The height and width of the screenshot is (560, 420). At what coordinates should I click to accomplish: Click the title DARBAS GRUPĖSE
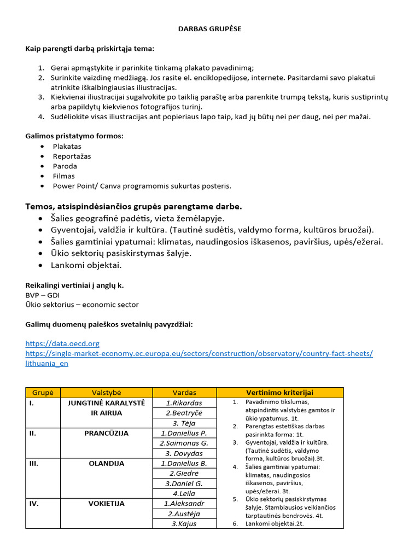(210, 29)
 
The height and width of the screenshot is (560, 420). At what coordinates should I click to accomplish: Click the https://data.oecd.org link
(62, 343)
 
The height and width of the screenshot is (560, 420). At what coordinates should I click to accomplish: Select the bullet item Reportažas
(72, 156)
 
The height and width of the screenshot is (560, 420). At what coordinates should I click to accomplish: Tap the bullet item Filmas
(63, 176)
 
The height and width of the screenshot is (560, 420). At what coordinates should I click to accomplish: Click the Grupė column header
(43, 393)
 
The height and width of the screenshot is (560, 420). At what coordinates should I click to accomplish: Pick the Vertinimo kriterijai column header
(279, 393)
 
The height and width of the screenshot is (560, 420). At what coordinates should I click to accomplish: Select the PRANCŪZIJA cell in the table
(106, 433)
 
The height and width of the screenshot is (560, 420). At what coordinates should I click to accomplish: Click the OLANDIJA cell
(106, 463)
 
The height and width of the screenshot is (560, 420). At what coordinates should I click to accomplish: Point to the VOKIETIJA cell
(106, 504)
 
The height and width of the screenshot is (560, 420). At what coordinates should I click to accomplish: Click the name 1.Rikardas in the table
(184, 403)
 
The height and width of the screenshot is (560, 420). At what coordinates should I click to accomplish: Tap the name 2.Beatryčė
(184, 413)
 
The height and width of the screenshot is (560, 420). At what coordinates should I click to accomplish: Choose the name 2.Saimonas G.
(184, 443)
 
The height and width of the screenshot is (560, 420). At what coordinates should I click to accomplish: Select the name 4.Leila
(184, 493)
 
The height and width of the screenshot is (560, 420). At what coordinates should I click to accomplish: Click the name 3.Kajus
(184, 523)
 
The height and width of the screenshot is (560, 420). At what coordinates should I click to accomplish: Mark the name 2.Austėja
(184, 514)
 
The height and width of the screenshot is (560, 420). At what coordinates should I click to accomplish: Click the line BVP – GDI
(42, 295)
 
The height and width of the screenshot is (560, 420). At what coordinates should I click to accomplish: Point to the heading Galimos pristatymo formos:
(74, 136)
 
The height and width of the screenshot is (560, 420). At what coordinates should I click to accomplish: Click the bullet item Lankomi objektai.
(86, 265)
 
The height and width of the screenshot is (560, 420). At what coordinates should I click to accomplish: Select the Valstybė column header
(106, 393)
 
